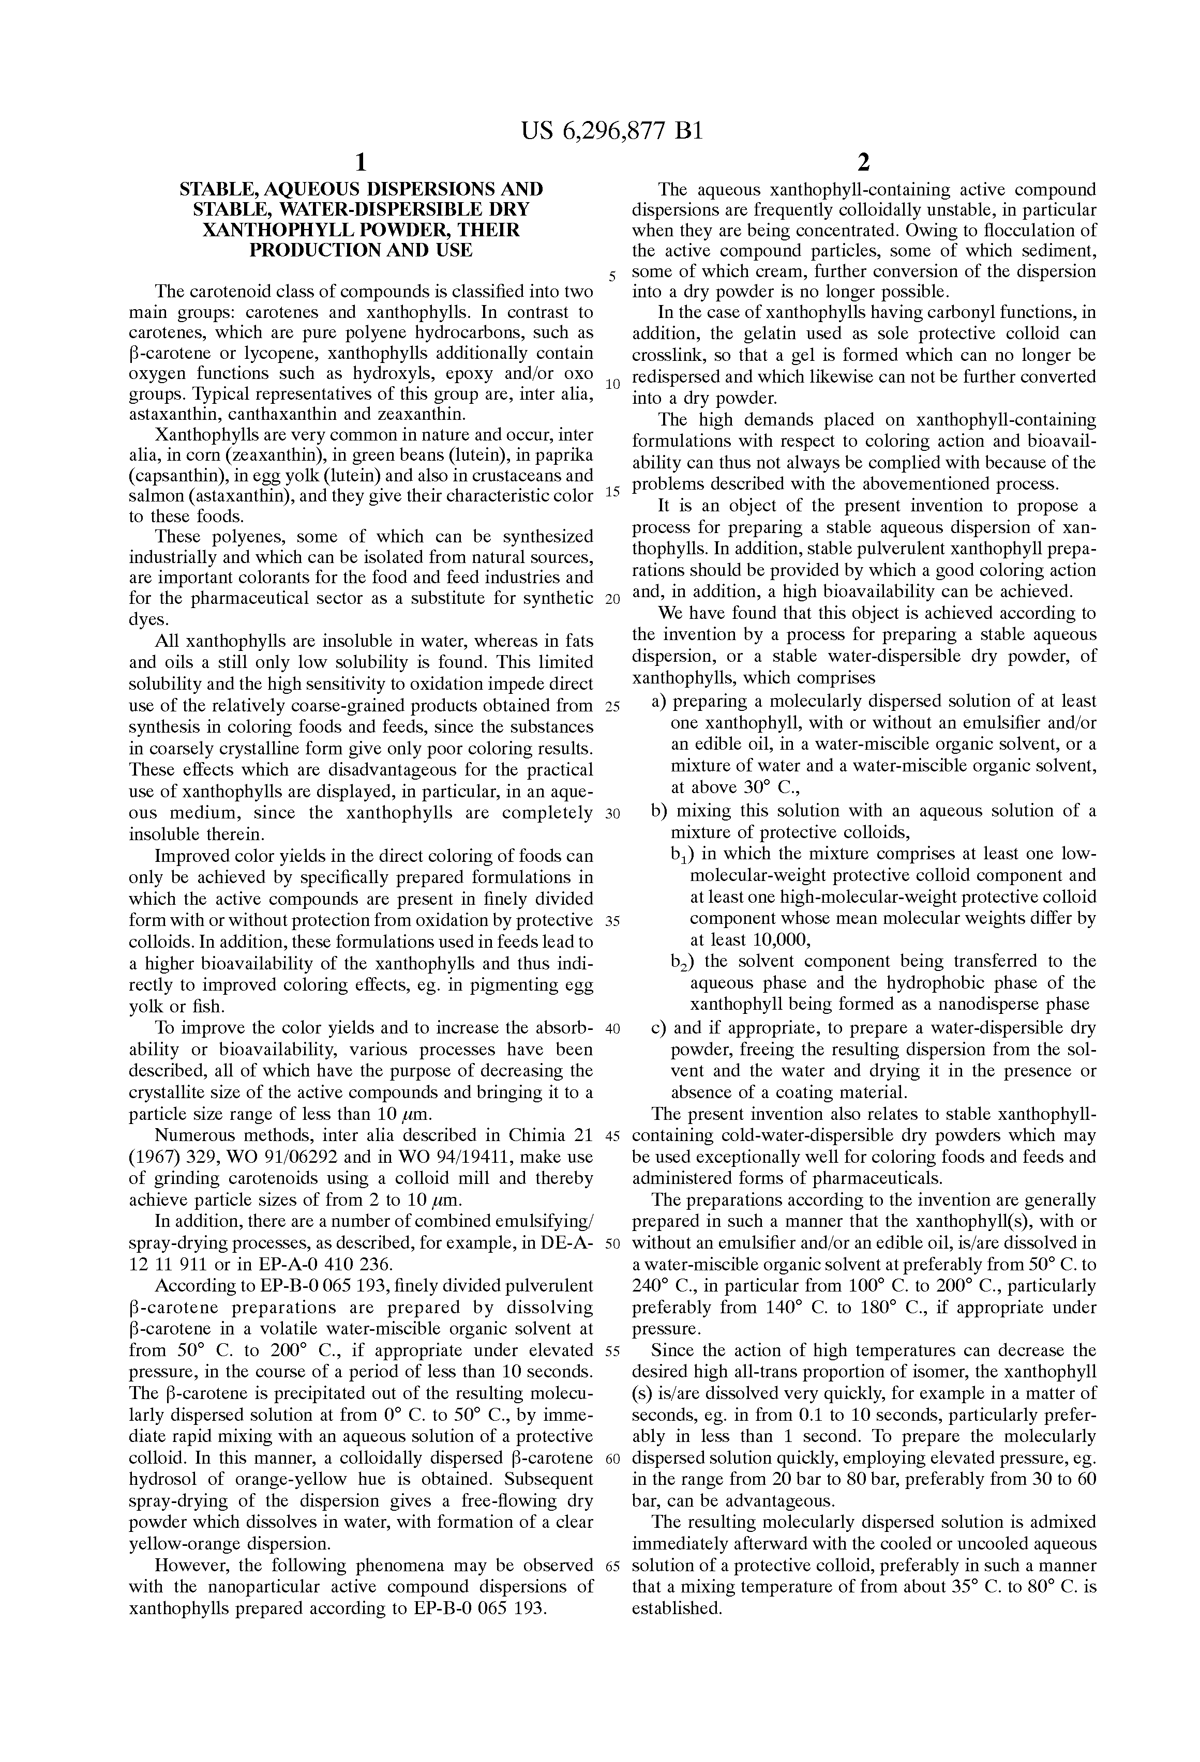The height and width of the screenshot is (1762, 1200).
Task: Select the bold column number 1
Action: coord(361,162)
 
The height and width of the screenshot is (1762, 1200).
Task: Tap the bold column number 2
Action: coord(863,162)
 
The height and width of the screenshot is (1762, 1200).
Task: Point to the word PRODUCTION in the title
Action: coord(312,250)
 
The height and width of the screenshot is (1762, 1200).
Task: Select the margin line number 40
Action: coord(613,1029)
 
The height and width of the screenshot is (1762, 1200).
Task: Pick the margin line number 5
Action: coord(612,277)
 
